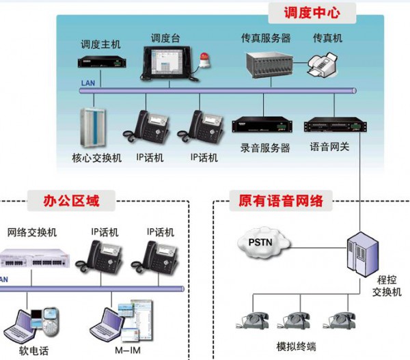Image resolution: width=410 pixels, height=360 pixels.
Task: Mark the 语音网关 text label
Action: click(x=329, y=148)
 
